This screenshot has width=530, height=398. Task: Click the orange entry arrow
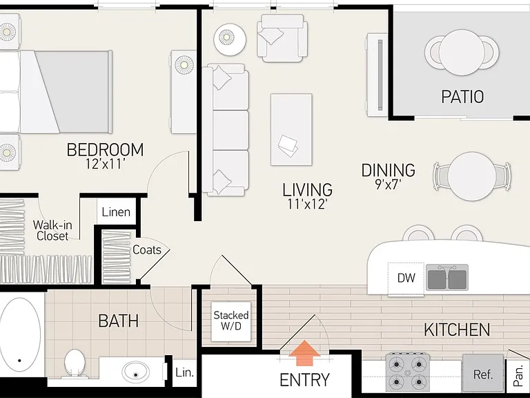[x=304, y=353]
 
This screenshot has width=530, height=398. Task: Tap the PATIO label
[x=462, y=97]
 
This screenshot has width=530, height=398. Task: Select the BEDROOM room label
[x=105, y=149]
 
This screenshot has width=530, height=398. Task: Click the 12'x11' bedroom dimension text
[x=105, y=164]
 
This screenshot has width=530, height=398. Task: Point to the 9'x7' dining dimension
[x=388, y=184]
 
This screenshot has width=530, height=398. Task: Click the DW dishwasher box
[x=406, y=279]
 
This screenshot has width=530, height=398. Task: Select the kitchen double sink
[x=447, y=278]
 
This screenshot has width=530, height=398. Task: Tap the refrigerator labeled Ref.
[x=482, y=372]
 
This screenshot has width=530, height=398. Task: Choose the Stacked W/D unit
[x=231, y=321]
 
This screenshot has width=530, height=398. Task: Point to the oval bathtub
[x=20, y=334]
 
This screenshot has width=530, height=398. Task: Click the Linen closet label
[x=116, y=212]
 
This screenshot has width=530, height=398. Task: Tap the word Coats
[x=147, y=249]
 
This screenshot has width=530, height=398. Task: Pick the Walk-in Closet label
[x=52, y=230]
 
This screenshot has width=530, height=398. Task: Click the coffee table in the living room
[x=291, y=130]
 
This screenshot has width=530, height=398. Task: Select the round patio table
[x=462, y=53]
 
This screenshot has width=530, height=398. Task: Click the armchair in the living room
[x=282, y=38]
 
